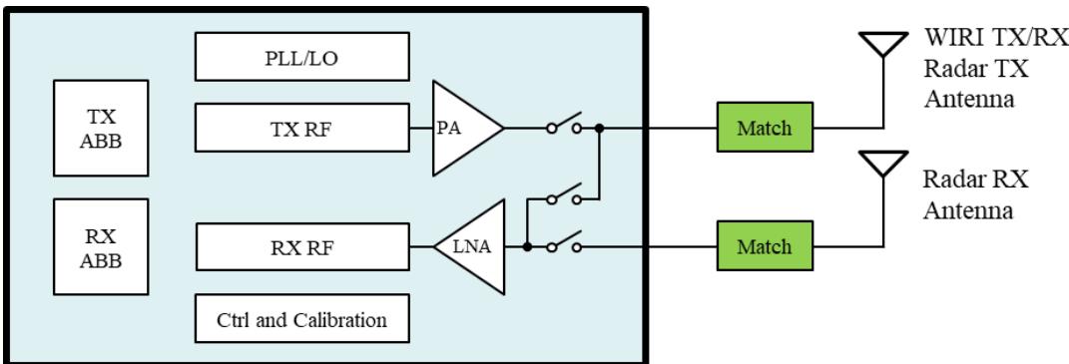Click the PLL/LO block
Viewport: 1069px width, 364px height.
[302, 57]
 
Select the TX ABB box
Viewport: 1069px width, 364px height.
[101, 129]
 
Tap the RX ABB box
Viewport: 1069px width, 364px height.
[101, 246]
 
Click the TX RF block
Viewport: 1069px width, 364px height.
[302, 128]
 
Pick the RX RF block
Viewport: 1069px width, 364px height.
[302, 246]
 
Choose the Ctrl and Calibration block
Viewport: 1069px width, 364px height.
[302, 318]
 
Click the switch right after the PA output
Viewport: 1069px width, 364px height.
[564, 124]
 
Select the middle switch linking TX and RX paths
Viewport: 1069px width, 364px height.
[564, 194]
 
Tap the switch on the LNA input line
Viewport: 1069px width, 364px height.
[564, 243]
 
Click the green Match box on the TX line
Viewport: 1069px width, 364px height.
[765, 128]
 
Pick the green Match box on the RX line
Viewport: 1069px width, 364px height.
[765, 246]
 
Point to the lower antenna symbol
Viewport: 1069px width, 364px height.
[883, 164]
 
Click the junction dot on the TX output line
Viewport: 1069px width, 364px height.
[599, 128]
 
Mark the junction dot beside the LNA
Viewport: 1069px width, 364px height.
[527, 246]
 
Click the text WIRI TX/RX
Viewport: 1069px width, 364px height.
[996, 38]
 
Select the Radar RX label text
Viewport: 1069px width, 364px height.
[975, 180]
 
